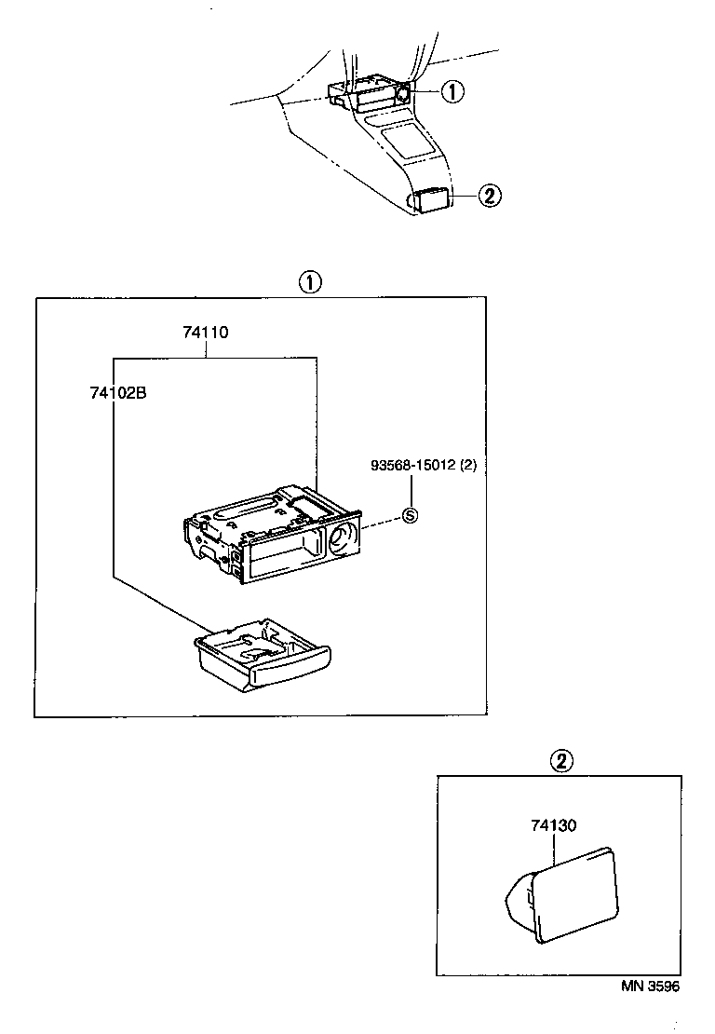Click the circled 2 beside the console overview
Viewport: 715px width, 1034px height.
pos(490,196)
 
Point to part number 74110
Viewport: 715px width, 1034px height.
pos(206,333)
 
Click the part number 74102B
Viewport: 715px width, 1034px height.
pos(118,392)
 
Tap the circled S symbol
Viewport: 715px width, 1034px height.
pos(410,515)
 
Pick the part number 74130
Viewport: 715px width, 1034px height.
pos(554,825)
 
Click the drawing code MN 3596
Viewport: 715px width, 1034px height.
pos(651,986)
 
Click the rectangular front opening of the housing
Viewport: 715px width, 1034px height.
pos(284,556)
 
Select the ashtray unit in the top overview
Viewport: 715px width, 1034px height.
pos(372,94)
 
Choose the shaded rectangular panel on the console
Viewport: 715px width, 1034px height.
pos(408,140)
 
